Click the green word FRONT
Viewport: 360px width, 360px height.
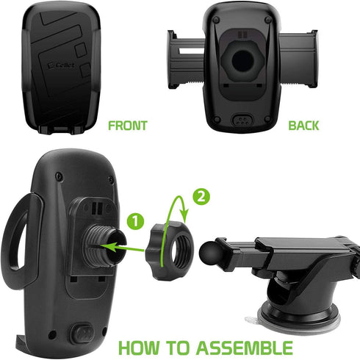(127, 125)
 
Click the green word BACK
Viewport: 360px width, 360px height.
(303, 125)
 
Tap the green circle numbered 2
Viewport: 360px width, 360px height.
(201, 196)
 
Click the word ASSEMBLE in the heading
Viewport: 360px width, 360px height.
(248, 347)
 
